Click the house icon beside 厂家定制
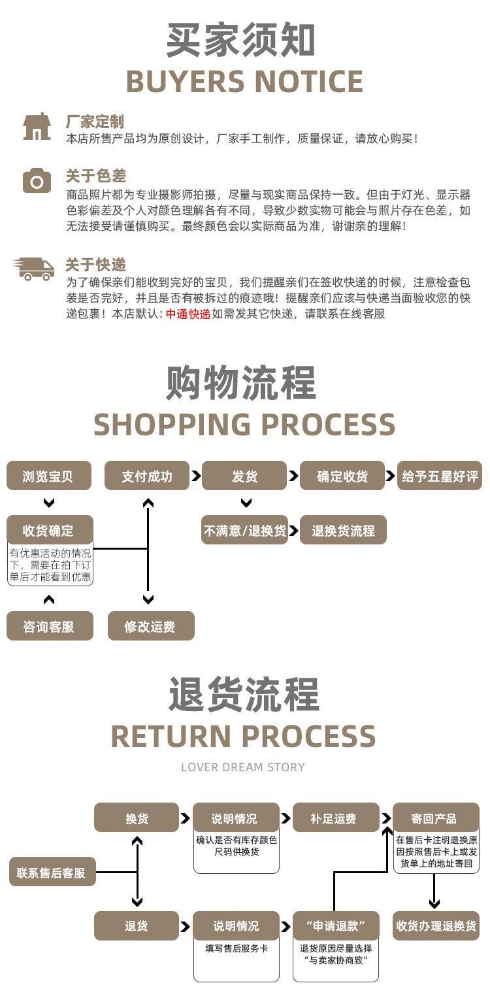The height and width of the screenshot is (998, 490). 37,127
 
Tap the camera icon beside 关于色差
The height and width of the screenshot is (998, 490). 37,180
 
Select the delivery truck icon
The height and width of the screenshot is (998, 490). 34,269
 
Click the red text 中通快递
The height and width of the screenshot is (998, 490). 188,314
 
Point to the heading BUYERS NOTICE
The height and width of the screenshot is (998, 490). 244,81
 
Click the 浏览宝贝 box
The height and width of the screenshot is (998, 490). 49,476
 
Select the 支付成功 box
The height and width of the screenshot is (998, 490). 147,476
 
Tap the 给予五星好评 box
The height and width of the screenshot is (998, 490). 440,476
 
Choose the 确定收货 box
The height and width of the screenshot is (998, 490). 342,476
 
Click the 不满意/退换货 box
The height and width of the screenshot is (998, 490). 244,530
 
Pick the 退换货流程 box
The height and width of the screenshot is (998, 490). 343,530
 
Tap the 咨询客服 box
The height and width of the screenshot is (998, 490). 50,626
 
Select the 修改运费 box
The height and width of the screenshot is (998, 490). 151,626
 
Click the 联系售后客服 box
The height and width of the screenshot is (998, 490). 52,871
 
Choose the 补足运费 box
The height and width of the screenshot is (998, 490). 336,818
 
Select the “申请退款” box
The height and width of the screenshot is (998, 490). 336,926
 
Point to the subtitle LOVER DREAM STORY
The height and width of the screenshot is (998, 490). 243,767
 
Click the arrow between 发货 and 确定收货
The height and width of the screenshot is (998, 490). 293,476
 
